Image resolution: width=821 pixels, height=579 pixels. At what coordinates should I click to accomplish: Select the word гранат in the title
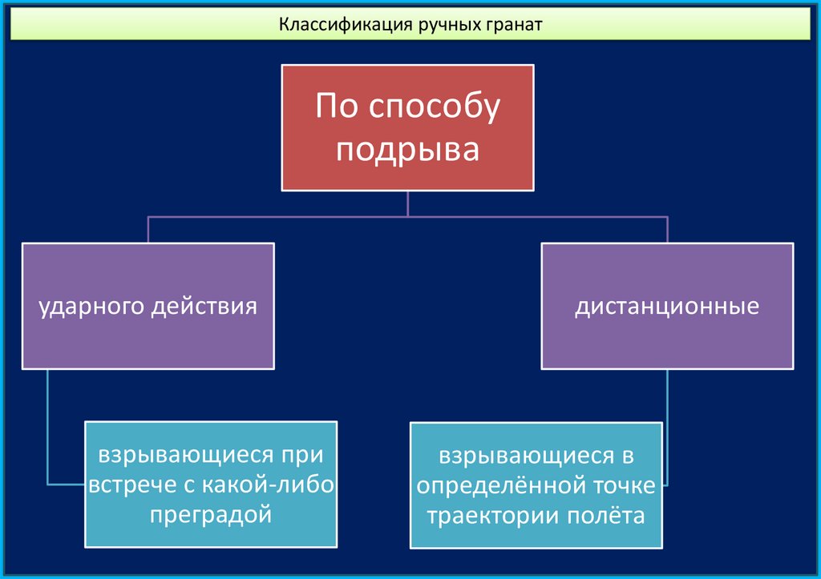(512, 25)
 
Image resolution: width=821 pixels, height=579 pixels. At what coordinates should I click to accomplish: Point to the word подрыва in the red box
(407, 150)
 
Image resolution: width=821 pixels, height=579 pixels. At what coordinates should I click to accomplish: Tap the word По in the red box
(332, 107)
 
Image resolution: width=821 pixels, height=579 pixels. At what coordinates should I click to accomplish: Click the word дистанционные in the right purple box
(667, 307)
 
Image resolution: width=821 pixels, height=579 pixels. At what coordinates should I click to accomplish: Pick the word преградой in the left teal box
(211, 514)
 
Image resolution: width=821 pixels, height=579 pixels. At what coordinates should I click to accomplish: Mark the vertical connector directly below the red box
(407, 203)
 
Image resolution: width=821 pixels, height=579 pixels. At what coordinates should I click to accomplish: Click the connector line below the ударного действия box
(48, 424)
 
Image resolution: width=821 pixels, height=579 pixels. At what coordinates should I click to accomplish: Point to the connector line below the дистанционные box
(667, 424)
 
